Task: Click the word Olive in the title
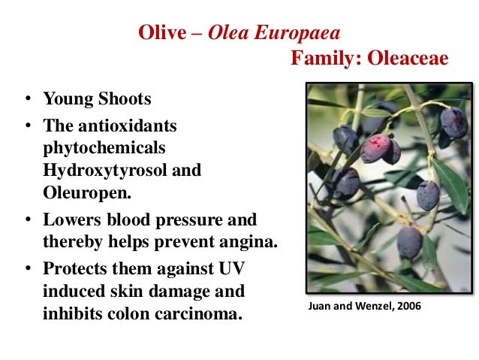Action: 158,33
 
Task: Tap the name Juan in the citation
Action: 321,307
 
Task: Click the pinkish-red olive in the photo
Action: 375,147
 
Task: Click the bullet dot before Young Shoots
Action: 26,99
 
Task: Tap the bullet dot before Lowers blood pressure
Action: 26,222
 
